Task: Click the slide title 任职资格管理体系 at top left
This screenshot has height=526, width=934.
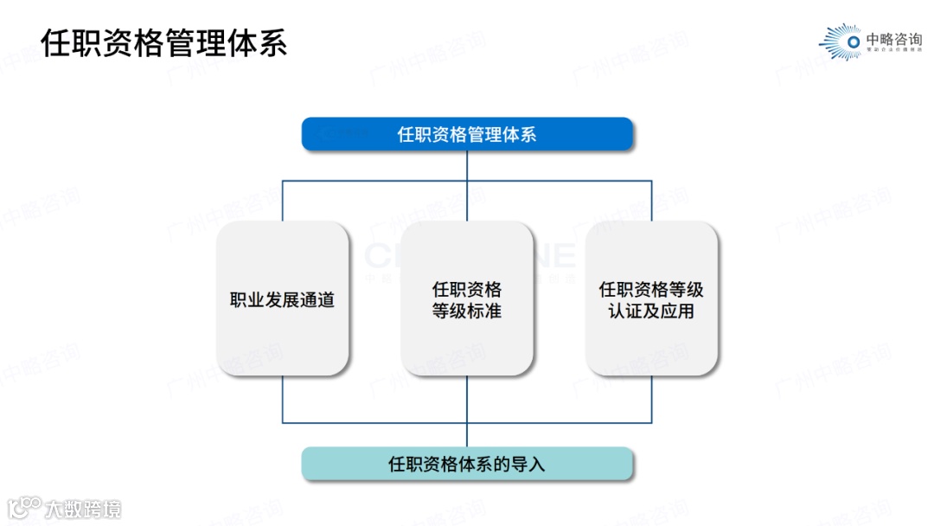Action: click(x=164, y=42)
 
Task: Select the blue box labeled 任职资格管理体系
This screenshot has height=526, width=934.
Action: click(x=467, y=134)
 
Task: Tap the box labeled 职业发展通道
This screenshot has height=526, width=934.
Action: click(x=283, y=298)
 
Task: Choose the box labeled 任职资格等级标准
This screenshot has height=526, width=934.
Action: click(x=467, y=298)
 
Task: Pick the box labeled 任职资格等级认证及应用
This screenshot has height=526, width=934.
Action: click(x=651, y=298)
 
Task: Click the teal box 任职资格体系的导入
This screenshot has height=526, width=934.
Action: click(x=467, y=464)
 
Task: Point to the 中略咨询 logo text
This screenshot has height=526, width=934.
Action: click(x=894, y=39)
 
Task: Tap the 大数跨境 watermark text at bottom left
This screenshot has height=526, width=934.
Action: click(x=84, y=509)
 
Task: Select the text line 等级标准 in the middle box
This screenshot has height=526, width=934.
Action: click(x=467, y=311)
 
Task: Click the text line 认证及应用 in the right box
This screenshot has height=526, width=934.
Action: click(x=651, y=311)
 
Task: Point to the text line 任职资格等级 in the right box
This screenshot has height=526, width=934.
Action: click(x=651, y=289)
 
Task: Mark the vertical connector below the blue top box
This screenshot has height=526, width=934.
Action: click(x=467, y=166)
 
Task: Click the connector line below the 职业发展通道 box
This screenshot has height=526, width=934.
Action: click(x=283, y=399)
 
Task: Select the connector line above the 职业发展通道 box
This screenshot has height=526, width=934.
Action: click(x=283, y=201)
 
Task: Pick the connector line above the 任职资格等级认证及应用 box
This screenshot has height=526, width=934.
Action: click(x=651, y=201)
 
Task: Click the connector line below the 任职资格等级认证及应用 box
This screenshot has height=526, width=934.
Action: click(x=651, y=399)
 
